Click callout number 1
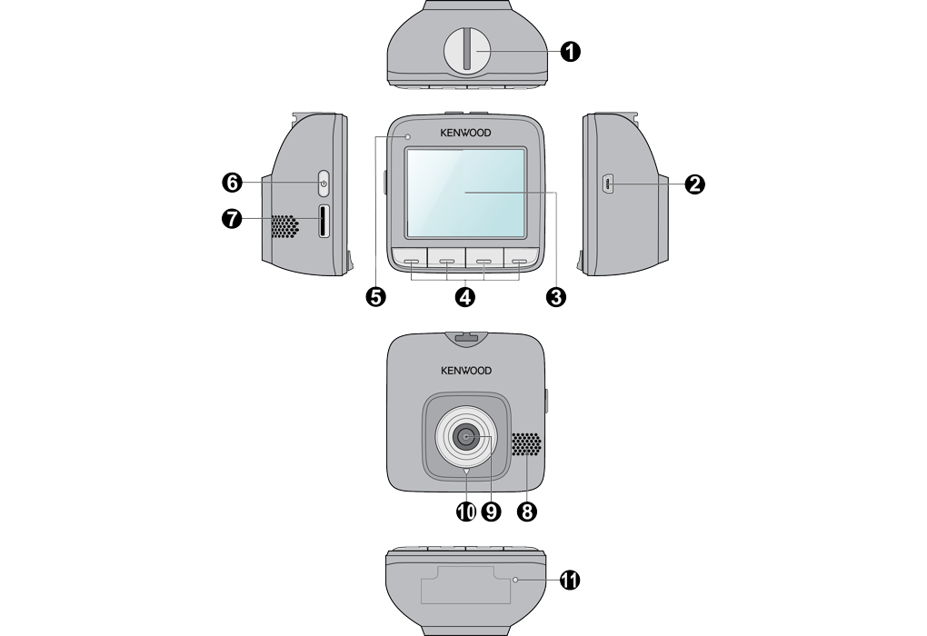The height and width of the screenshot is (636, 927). click(570, 52)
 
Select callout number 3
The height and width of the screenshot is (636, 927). click(555, 296)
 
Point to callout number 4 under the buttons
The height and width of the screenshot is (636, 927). click(465, 296)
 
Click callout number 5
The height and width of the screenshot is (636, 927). click(375, 296)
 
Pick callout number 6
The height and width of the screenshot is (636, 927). click(232, 183)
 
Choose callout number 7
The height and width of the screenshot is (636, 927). click(232, 219)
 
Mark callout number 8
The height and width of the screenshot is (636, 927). click(525, 512)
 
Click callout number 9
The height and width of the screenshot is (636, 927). click(492, 512)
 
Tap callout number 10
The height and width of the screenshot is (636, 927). click(465, 512)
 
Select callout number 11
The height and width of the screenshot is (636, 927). click(570, 580)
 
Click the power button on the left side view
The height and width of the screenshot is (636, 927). click(323, 184)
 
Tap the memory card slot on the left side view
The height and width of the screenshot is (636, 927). click(323, 221)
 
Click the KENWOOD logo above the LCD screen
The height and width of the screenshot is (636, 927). click(465, 133)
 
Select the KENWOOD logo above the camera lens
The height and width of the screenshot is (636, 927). click(465, 371)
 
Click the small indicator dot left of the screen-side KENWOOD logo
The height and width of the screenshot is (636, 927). click(408, 135)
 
